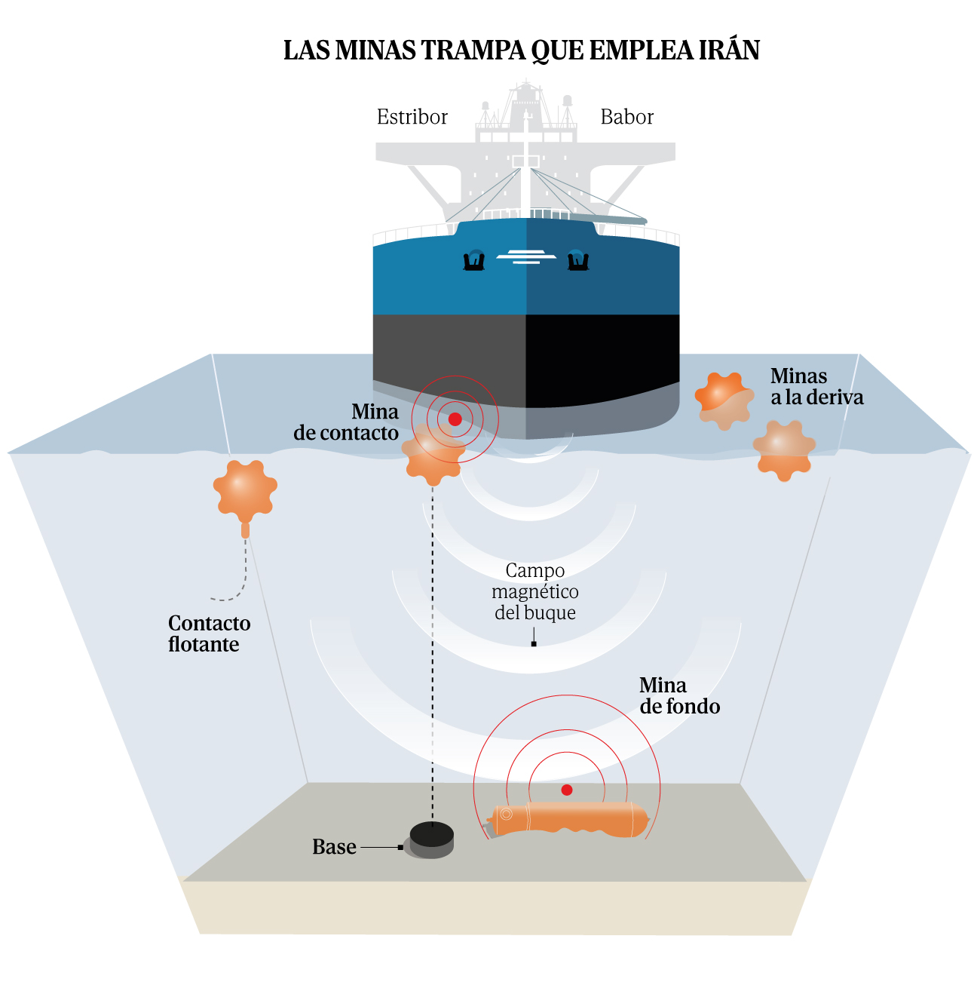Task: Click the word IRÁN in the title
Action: coord(727,51)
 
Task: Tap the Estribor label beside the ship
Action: coord(412,117)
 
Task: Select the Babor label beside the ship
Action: coord(626,117)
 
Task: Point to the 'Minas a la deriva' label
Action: coord(816,387)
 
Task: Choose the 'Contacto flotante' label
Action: coord(209,634)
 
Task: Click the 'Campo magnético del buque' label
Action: coord(534,591)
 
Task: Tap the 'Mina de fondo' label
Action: coord(678,695)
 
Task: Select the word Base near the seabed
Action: coord(334,847)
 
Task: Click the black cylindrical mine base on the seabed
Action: coord(432,839)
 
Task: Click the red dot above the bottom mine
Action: coord(567,790)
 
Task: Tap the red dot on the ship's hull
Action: coord(455,419)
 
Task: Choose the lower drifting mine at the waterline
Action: coord(784,450)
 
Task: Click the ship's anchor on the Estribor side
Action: coord(474,260)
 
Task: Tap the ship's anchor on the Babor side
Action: coord(577,260)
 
